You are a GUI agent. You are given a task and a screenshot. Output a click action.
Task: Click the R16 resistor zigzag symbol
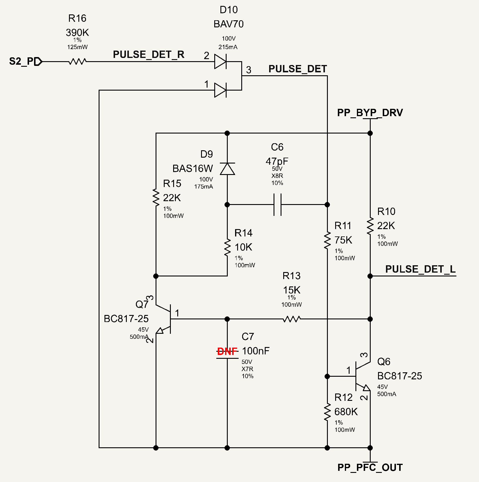point(77,61)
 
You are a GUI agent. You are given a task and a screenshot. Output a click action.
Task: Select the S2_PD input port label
point(25,61)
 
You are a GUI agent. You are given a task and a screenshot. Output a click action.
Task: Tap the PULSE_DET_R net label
point(149,55)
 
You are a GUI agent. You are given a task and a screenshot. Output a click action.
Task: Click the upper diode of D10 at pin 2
point(220,61)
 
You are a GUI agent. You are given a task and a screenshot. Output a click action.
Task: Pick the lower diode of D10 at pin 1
point(220,90)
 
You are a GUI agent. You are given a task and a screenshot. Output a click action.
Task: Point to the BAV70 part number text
point(229,24)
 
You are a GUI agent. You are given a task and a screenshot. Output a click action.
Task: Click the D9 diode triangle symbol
point(227,169)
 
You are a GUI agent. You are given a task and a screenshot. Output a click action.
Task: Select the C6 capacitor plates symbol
point(277,204)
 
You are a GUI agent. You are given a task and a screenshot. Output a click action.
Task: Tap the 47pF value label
point(277,161)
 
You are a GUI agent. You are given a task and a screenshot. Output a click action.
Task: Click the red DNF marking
point(227,351)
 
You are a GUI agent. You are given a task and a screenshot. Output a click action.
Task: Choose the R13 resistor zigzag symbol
point(292,319)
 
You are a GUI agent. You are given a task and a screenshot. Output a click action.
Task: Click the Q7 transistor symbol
point(163,319)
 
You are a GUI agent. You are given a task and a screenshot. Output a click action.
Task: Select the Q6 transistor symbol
point(363,376)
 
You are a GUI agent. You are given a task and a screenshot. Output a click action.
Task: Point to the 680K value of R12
point(346,412)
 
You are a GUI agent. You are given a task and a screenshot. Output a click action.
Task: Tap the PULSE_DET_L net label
point(420,269)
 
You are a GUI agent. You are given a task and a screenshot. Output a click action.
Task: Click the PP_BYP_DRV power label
point(370,113)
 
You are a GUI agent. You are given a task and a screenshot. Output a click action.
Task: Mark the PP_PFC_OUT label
point(370,467)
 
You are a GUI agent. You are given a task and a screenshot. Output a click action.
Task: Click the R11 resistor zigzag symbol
point(327,241)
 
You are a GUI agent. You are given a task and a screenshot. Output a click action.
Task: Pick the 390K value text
point(77,32)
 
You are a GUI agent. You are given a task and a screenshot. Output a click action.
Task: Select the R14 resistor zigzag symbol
point(227,248)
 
